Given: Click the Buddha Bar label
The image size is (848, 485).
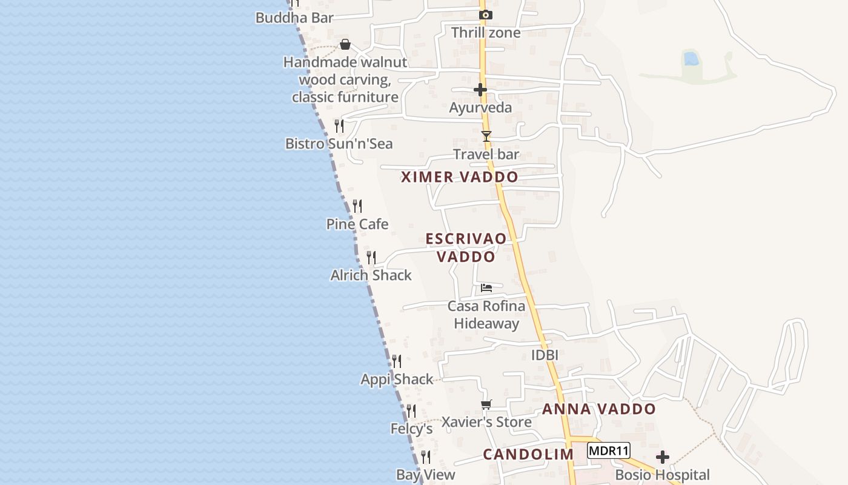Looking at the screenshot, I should (294, 18).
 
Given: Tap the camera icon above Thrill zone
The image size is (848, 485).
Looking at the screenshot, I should (485, 15).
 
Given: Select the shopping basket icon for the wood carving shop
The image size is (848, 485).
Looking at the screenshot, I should (345, 44).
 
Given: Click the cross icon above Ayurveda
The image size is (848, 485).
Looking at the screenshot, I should (480, 90).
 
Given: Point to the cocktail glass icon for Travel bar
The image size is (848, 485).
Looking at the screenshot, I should (486, 136).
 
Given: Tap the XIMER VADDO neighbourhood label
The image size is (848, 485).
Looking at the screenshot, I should (460, 177).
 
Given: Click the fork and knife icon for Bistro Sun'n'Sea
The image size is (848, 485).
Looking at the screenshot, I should (339, 126).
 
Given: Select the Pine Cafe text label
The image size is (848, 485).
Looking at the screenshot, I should (357, 224).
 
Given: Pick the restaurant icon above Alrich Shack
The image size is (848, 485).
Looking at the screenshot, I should (371, 258).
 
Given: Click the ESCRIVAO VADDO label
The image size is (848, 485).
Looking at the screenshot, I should (466, 247).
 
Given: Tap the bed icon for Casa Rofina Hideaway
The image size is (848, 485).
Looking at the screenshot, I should (486, 288).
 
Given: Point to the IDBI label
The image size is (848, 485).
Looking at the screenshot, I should (545, 355).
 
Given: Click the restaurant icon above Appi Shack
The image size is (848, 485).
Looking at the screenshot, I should (397, 361).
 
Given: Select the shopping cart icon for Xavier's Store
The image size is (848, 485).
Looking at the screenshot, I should (486, 404).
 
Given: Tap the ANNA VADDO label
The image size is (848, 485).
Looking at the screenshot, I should (598, 409).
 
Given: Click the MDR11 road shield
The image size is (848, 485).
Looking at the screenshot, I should (609, 450).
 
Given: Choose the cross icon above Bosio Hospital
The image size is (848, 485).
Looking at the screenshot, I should (663, 457).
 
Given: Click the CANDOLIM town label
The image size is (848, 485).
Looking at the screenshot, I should (528, 455).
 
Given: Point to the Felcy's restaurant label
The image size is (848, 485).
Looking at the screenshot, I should (411, 429).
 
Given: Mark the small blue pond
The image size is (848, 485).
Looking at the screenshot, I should (690, 59).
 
